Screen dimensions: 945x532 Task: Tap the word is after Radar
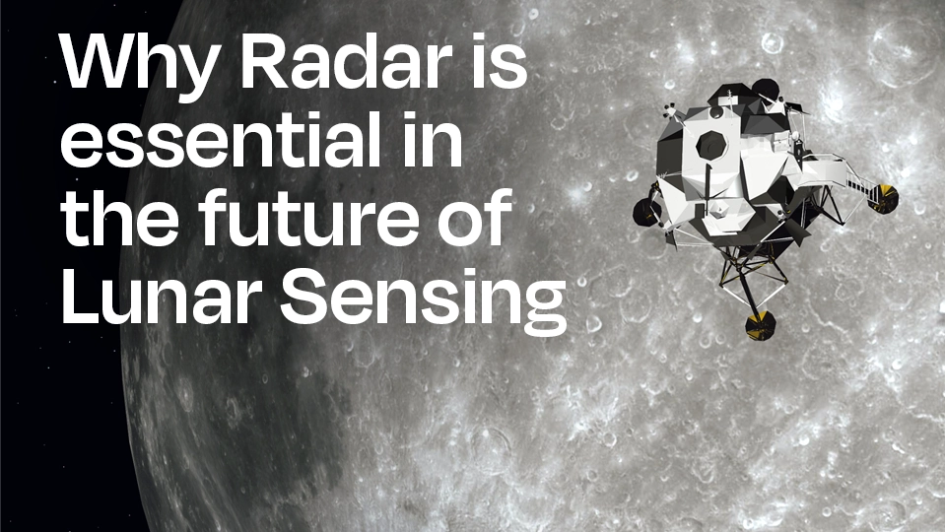[500, 60]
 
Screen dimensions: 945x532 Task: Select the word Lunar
[161, 296]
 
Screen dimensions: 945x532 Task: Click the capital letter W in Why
[101, 60]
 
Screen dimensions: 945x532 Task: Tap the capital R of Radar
[264, 60]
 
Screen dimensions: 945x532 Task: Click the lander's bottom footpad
[760, 326]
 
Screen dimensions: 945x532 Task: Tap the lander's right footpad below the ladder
[884, 198]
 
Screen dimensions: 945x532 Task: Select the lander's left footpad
[647, 212]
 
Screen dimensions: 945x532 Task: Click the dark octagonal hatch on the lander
[711, 144]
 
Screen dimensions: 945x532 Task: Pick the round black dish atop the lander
[766, 90]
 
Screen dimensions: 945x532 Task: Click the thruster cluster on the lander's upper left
[669, 111]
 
